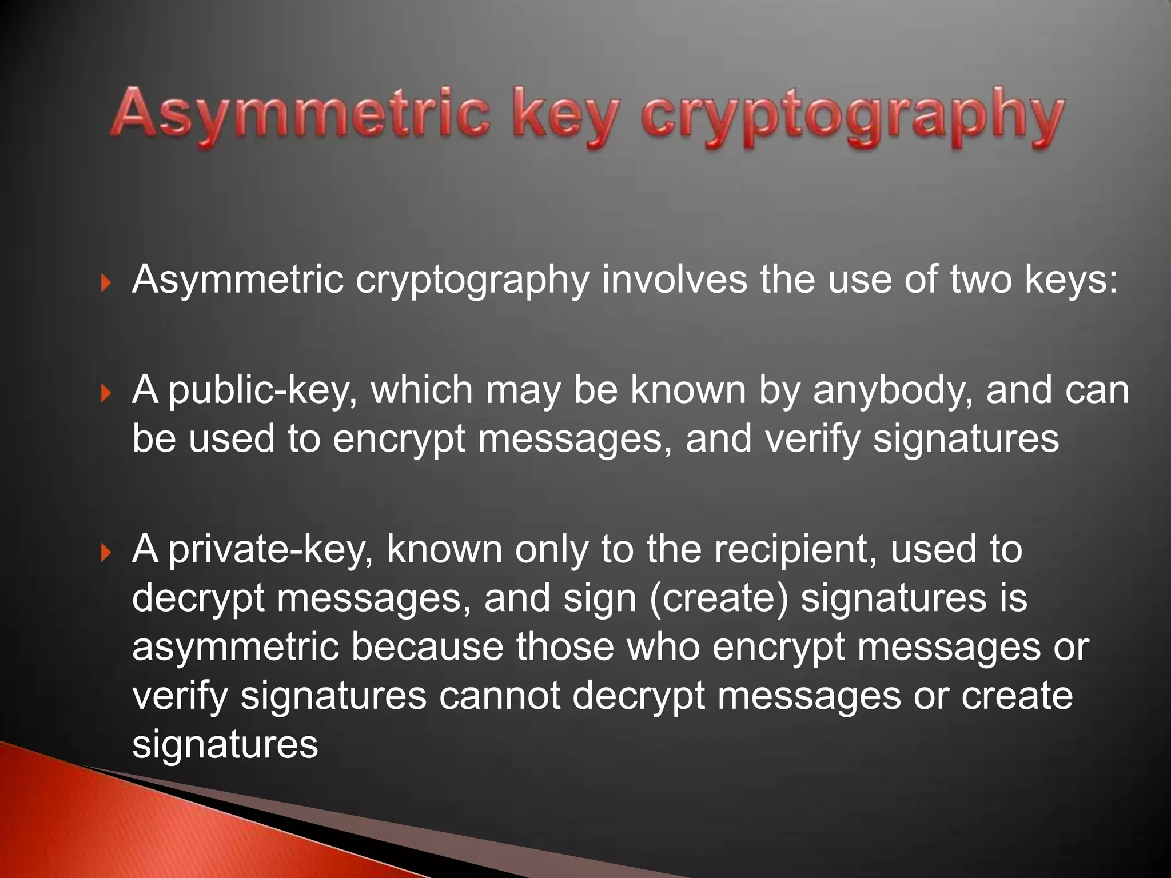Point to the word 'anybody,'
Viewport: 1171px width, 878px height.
[893, 391]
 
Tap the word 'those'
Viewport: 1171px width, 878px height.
[565, 647]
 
